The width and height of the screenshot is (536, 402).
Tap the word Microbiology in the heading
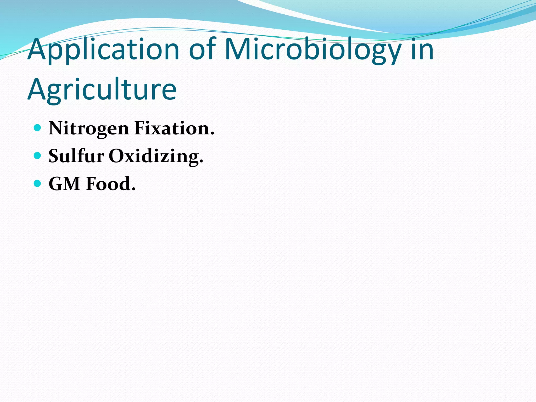tap(313, 50)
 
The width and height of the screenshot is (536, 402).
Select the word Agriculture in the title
tap(102, 90)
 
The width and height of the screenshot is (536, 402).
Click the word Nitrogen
tap(89, 129)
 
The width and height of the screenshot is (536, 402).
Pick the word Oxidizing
tap(154, 157)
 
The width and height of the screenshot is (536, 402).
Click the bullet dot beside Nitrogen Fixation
tap(38, 128)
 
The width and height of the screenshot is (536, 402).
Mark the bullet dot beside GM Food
tap(38, 183)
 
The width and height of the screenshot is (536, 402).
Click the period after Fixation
tap(212, 134)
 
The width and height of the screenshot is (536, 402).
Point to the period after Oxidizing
tap(201, 161)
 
